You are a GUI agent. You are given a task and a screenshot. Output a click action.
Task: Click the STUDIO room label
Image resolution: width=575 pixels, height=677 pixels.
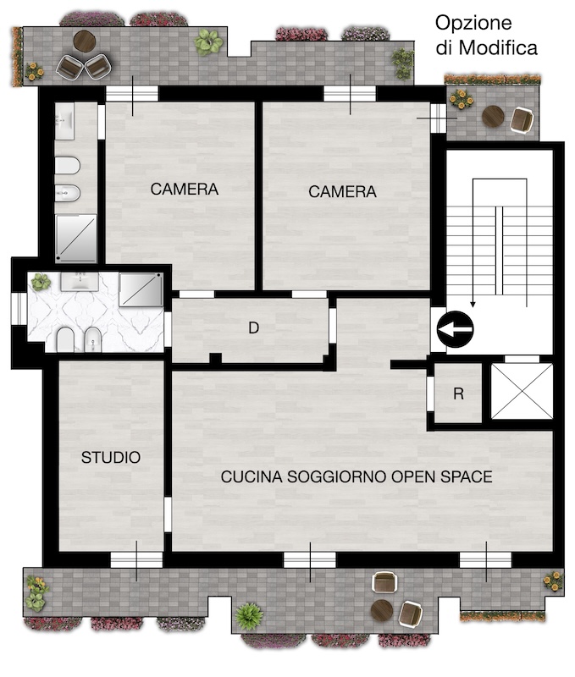coord(111,457)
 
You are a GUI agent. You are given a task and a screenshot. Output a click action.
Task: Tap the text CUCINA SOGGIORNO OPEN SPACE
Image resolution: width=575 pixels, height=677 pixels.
coord(357,476)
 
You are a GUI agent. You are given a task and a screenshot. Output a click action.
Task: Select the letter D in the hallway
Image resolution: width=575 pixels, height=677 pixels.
coord(253,328)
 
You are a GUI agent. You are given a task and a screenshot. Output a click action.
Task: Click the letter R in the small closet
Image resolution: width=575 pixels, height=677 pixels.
coord(458,394)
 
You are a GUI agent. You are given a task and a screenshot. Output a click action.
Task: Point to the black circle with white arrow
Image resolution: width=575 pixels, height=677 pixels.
coord(455,329)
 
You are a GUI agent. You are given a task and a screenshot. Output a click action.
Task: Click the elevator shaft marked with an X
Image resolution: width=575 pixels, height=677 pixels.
coord(522,391)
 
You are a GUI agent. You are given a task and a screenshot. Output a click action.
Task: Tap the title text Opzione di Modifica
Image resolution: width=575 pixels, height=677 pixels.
coord(486,35)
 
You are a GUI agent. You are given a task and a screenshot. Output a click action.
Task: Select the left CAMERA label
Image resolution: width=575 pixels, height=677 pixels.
coord(185,189)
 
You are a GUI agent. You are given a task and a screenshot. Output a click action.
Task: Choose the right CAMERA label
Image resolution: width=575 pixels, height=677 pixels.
coord(343,192)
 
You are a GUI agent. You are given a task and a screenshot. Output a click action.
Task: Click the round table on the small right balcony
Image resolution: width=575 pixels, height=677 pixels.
coord(493,117)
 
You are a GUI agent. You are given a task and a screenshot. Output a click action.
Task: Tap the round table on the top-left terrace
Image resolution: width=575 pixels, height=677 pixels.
coord(84,41)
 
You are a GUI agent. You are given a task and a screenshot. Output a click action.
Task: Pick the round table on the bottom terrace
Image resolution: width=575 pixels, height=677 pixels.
coord(382,610)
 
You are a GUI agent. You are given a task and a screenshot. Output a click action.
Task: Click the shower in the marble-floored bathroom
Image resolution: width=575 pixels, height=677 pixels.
coord(141,289)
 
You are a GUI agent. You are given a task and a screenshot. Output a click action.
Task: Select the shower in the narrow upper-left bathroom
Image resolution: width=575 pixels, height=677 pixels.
coord(76,238)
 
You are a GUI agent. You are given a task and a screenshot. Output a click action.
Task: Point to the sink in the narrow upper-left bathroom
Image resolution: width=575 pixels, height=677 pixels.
coord(65,121)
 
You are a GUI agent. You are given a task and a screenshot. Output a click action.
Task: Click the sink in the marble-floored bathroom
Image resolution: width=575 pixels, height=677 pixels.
coord(80,282)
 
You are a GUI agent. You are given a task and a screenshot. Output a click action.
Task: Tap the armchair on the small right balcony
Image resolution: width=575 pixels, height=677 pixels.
coord(522,119)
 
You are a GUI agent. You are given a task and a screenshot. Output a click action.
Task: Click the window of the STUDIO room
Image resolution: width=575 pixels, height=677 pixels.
coord(136,560)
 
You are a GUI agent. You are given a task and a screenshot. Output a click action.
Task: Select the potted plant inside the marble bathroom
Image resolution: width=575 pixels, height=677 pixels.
coord(41,283)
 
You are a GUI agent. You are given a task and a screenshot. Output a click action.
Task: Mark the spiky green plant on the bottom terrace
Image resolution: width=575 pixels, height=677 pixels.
coord(248,616)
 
